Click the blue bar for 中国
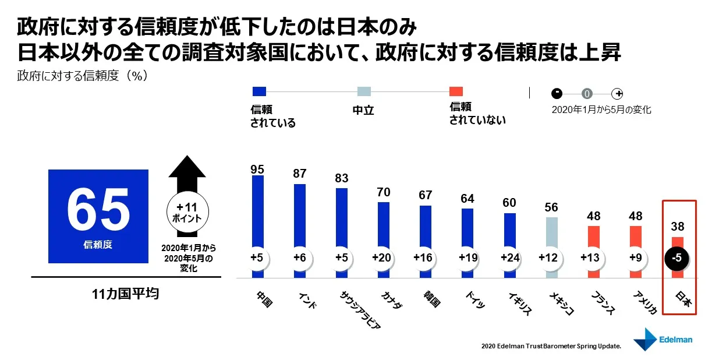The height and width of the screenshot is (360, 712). (257, 210)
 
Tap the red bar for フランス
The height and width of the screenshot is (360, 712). (593, 236)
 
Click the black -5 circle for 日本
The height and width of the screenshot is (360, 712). (677, 257)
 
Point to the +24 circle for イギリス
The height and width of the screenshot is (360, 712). (509, 257)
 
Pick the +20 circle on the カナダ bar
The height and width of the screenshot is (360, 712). (384, 257)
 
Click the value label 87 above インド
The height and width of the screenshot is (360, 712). (299, 174)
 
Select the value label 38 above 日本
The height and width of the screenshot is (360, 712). (677, 227)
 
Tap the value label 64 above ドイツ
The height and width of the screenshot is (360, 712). (467, 199)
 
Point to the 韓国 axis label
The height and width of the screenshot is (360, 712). (431, 298)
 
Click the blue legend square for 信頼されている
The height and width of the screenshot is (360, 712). (259, 91)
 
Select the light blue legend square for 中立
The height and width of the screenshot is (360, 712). (364, 91)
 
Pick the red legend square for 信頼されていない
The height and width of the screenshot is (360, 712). (456, 91)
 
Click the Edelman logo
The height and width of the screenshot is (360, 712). (663, 339)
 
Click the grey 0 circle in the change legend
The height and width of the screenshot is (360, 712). (587, 93)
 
